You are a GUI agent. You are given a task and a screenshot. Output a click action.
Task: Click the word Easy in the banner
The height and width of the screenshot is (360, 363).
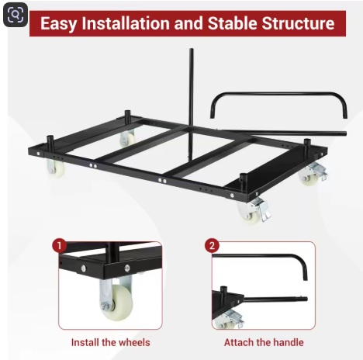tap(58, 23)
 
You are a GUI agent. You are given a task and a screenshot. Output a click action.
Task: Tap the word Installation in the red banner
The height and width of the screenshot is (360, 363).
tap(126, 23)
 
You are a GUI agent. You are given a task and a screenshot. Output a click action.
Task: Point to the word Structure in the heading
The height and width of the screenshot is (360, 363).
tap(298, 23)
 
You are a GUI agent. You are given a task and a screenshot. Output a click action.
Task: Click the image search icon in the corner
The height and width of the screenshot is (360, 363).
tap(16, 15)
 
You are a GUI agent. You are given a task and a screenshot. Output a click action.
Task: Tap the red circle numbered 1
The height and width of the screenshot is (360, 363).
tap(59, 245)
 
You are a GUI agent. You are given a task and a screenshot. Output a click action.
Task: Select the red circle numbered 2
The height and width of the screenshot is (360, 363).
tap(212, 245)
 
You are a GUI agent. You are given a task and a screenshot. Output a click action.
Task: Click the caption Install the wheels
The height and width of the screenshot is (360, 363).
tap(110, 342)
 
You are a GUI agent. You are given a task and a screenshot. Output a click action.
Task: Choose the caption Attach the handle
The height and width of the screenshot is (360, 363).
tap(264, 342)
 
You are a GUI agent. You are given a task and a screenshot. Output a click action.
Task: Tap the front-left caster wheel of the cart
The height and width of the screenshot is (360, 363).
tap(55, 168)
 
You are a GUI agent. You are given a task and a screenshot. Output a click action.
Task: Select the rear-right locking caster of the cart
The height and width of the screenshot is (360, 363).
tap(313, 174)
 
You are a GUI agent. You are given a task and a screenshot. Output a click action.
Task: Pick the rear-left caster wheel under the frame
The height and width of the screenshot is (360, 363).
tap(127, 138)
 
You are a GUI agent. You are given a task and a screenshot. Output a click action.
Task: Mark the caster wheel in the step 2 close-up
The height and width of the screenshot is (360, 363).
tap(229, 320)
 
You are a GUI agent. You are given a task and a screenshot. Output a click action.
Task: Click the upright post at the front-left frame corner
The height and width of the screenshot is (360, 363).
tap(50, 142)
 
